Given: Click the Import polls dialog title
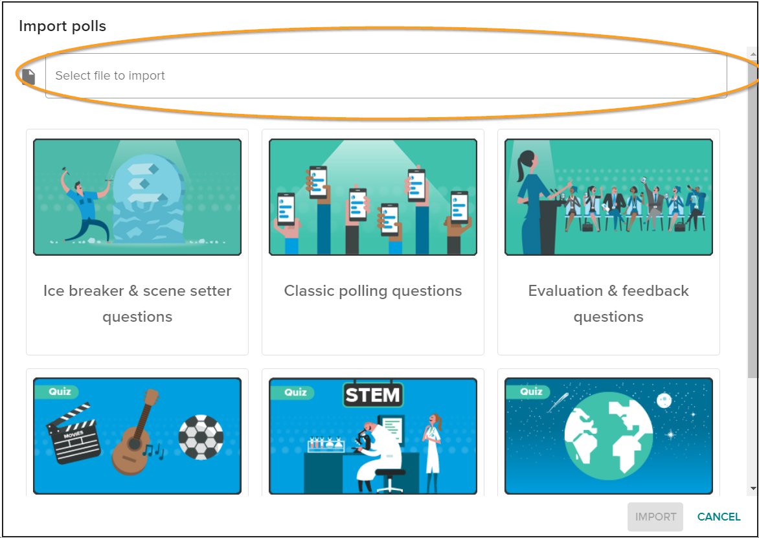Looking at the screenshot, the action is pos(62,26).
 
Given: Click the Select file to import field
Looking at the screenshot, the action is pos(386,76).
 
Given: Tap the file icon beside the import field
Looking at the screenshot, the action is pos(28,76).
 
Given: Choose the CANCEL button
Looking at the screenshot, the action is pos(719,517).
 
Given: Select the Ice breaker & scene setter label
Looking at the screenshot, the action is pos(137,304).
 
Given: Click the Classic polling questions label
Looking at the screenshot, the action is pos(373,291).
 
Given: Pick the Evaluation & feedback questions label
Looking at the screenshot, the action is pos(609,304).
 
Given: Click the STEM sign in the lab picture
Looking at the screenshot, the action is pos(373,396).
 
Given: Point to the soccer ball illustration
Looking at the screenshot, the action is pos(201,437).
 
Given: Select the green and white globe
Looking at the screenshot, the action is pos(609,436).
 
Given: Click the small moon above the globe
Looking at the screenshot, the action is pos(664,400).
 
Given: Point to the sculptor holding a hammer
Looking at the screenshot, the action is pos(84,204).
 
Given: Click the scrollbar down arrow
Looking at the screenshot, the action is pos(753,489).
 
